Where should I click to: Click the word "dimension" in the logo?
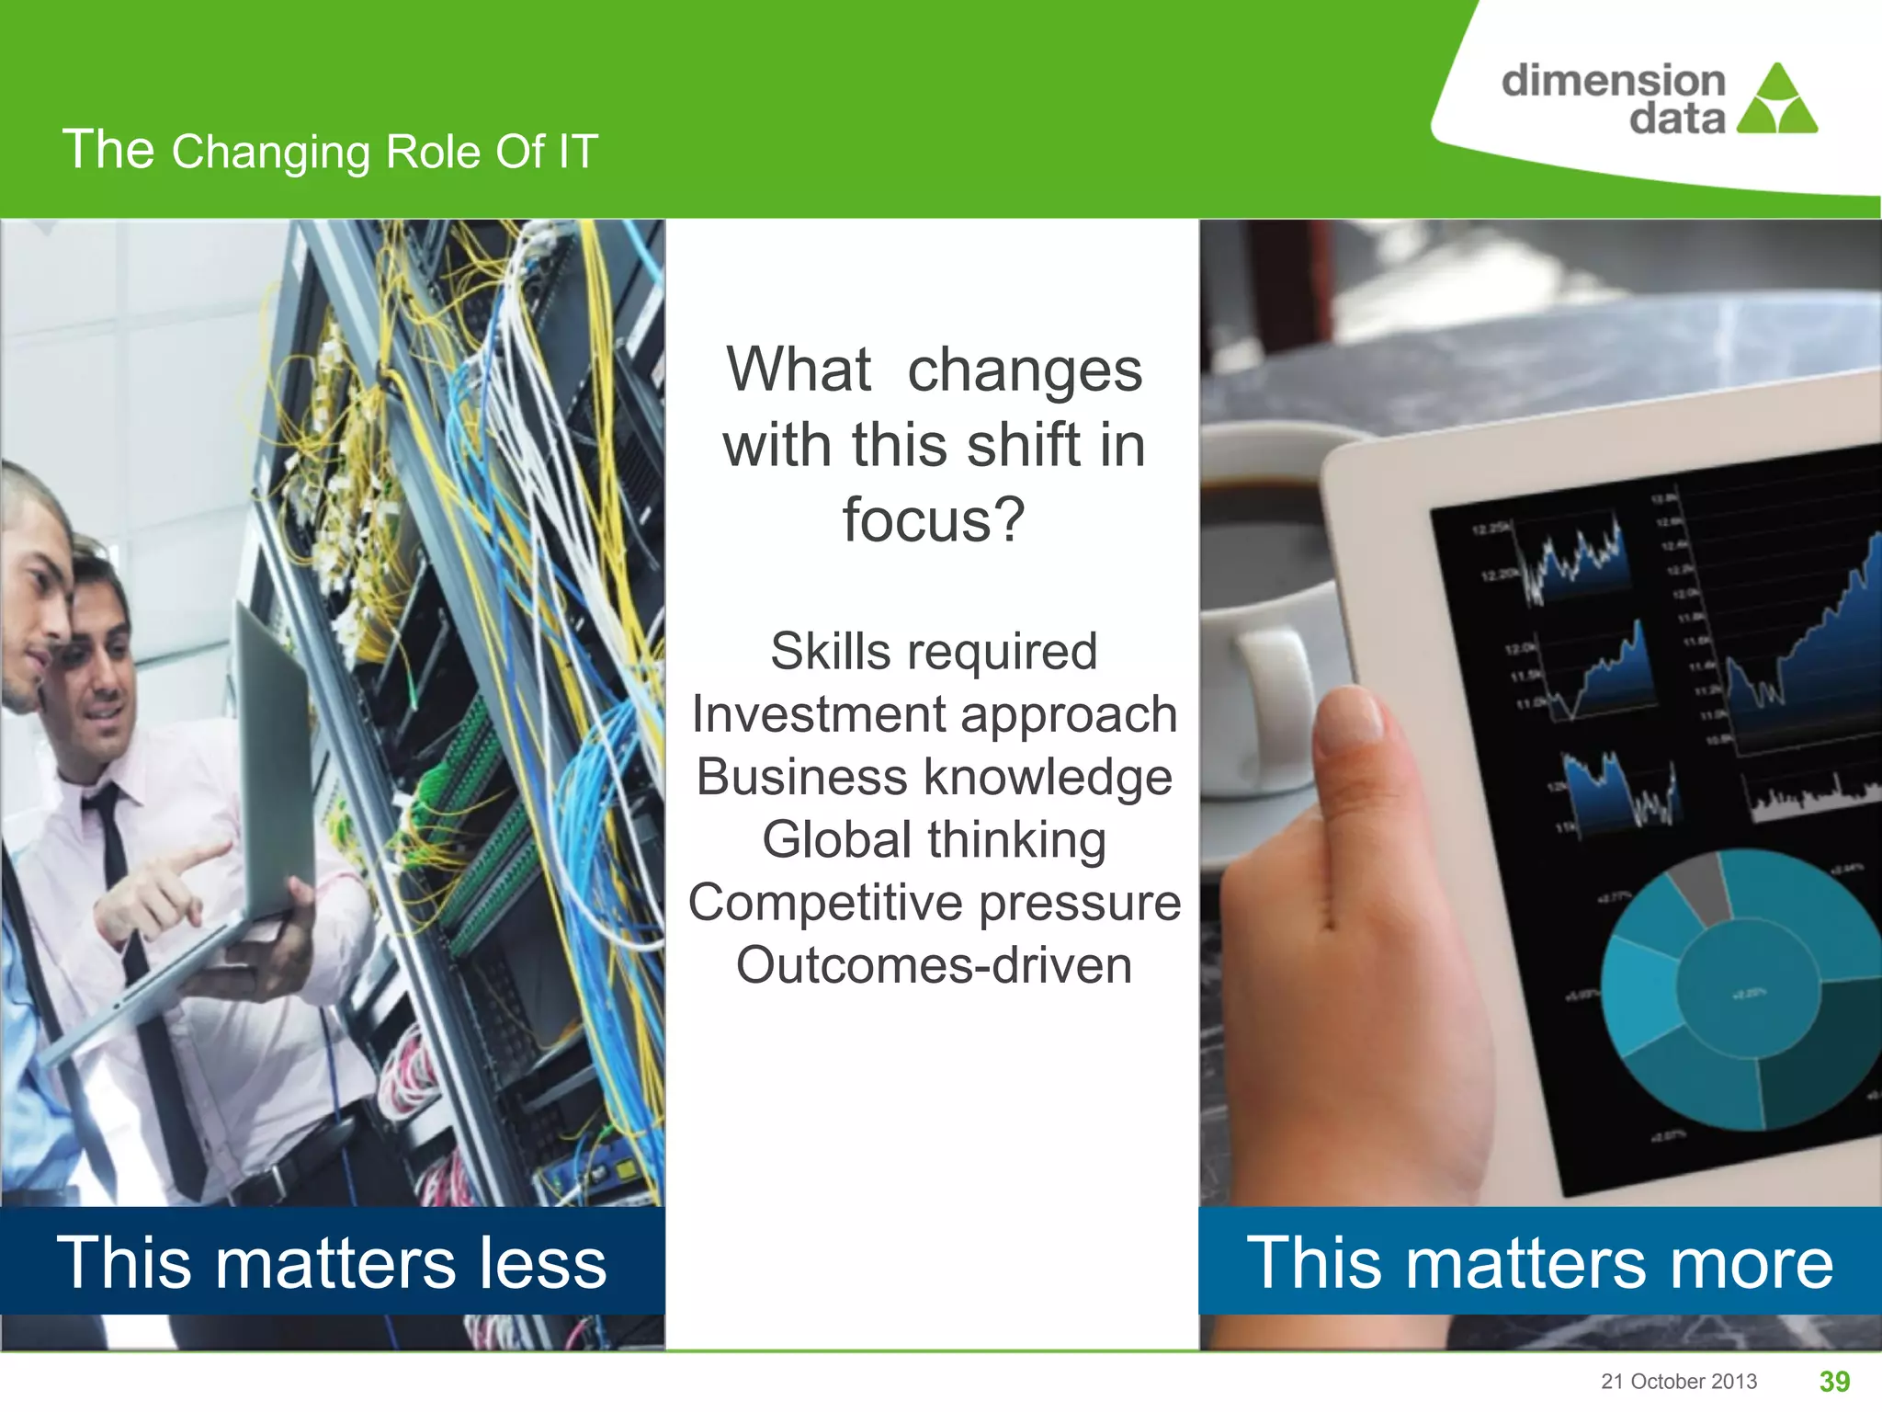point(1613,80)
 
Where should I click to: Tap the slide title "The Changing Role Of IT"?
point(330,151)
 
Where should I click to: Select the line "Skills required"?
point(934,652)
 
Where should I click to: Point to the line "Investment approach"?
point(934,714)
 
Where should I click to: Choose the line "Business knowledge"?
point(934,777)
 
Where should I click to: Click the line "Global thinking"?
point(934,839)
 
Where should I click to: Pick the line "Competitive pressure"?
point(934,902)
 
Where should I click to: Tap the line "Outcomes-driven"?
point(934,965)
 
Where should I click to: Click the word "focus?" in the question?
point(934,519)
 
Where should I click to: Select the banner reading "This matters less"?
point(332,1261)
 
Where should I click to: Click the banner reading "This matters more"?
point(1540,1261)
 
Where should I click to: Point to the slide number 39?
point(1834,1381)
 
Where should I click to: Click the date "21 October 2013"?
point(1679,1382)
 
